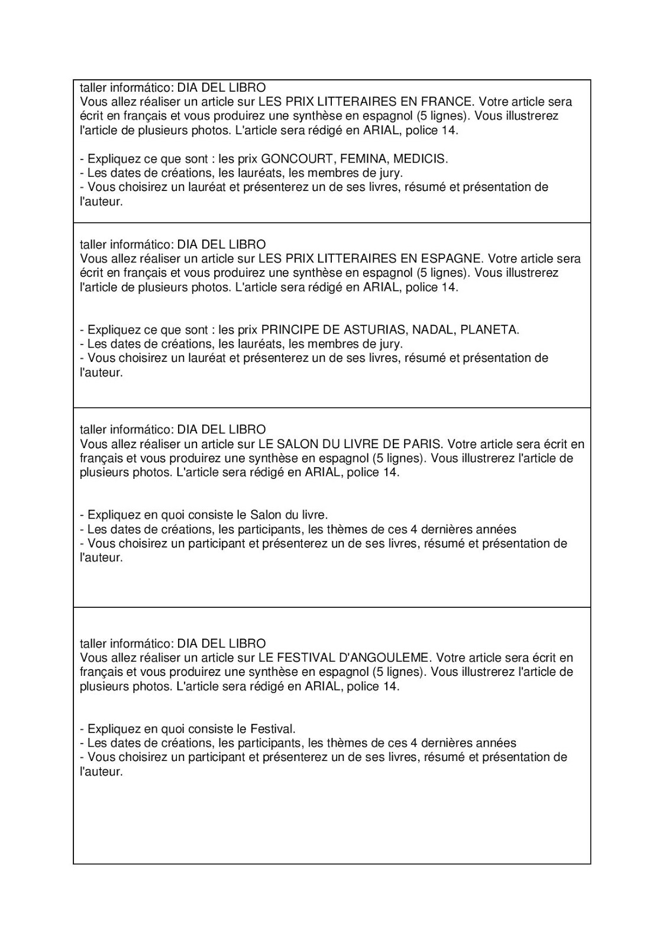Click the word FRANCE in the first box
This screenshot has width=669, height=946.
coord(447,102)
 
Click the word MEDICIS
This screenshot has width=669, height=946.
coord(421,159)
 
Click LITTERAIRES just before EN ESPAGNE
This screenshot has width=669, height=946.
coord(360,258)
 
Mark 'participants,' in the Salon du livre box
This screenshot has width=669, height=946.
coord(274,529)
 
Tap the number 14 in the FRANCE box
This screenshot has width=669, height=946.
coord(450,130)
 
